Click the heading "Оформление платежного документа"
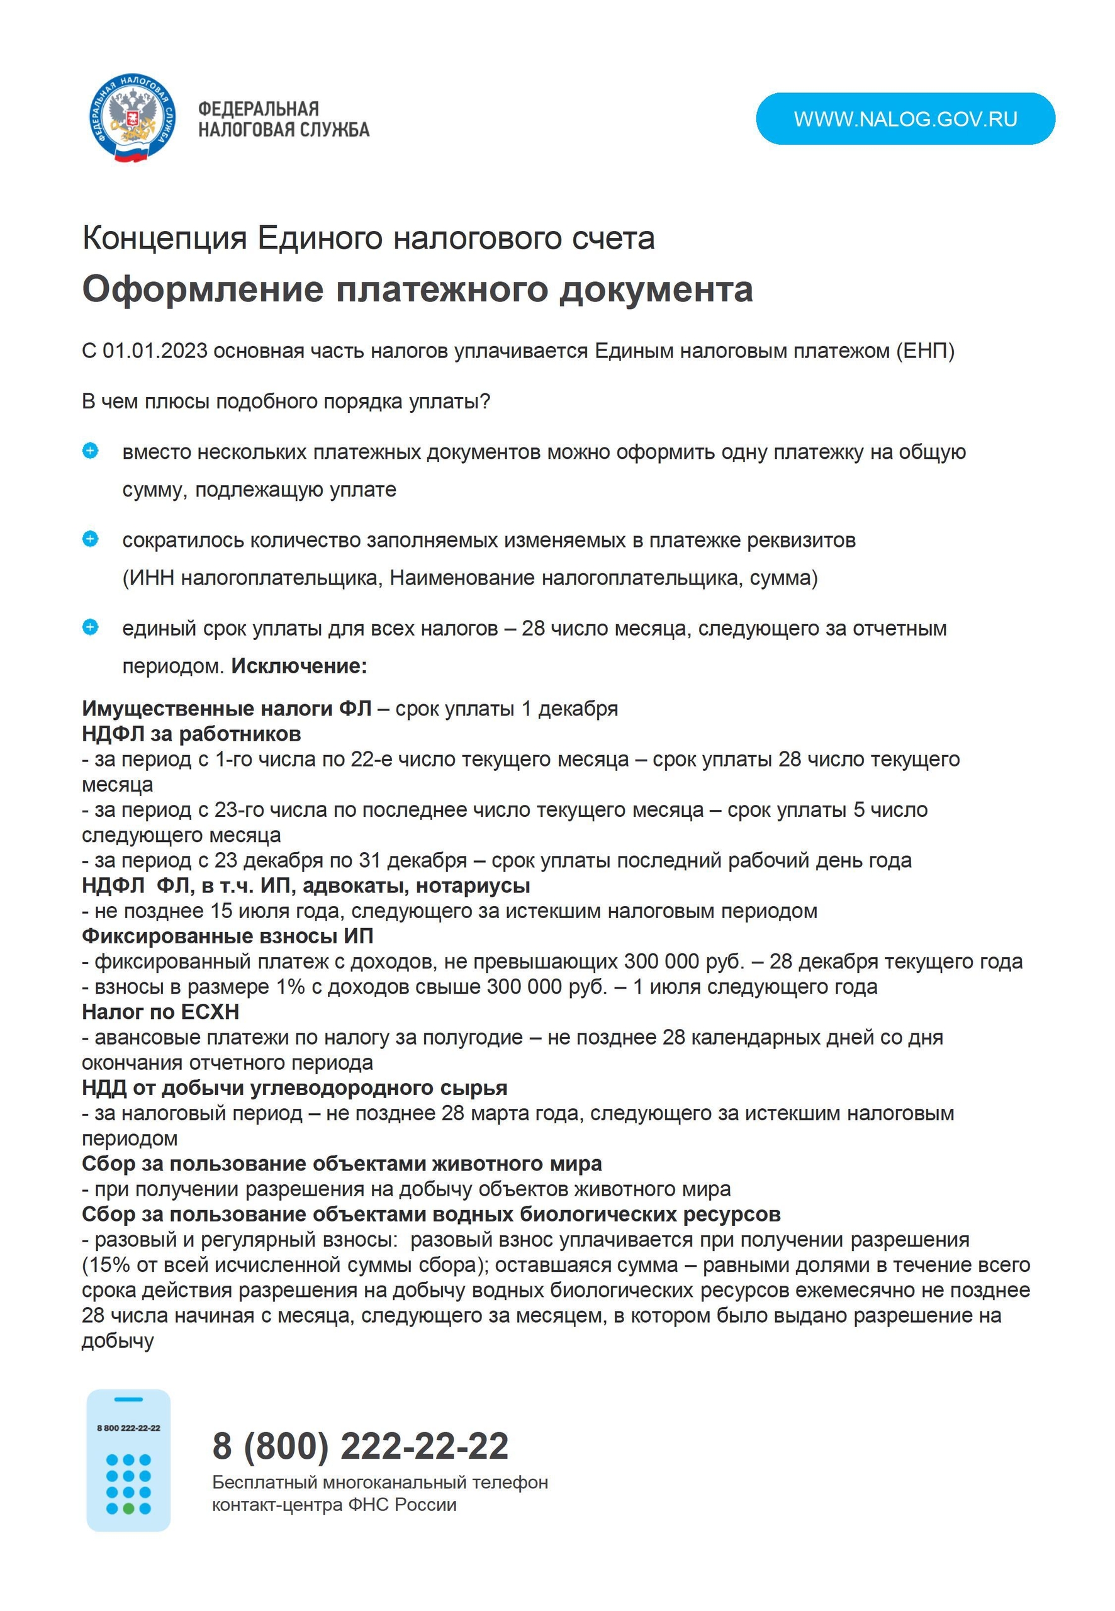[417, 289]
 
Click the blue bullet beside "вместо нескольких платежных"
[90, 451]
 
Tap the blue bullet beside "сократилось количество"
[90, 539]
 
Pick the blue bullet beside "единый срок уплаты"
[90, 627]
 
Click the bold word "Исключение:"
[299, 666]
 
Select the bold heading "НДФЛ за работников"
[191, 734]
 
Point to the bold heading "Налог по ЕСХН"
[160, 1011]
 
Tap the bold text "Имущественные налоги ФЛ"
[227, 709]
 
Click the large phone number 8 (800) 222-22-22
[361, 1445]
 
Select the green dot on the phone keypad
[128, 1508]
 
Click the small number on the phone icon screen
[128, 1428]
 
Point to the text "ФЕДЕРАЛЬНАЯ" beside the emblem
[259, 109]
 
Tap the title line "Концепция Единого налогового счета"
[368, 239]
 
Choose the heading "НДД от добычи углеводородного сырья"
[294, 1087]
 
